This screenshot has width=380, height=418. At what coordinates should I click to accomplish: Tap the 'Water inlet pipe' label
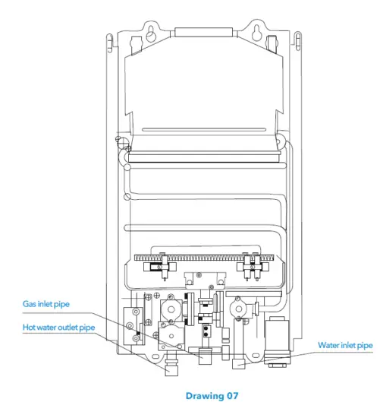click(345, 345)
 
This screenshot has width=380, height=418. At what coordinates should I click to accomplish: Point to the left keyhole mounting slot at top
click(152, 33)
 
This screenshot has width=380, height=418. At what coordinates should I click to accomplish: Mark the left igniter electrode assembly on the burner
click(163, 264)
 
